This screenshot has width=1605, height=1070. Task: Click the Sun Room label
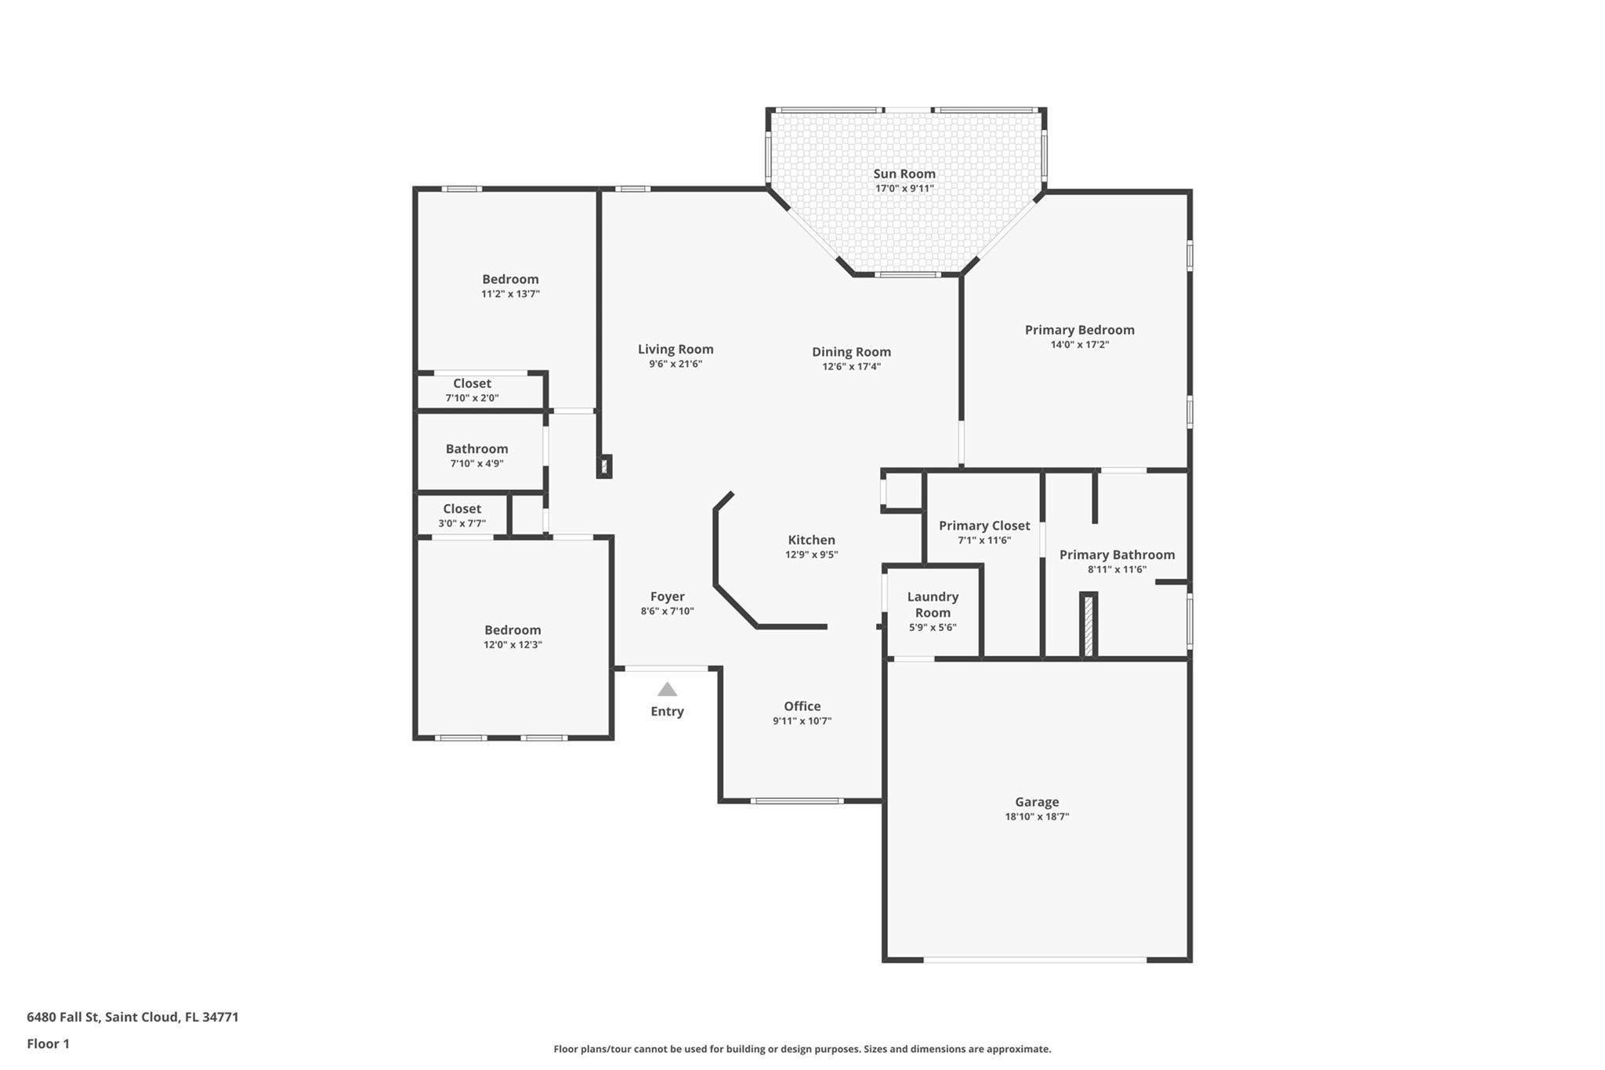coord(904,174)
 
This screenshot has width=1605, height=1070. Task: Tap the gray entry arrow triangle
coord(667,690)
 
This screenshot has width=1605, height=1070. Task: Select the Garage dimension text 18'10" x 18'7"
coord(1037,817)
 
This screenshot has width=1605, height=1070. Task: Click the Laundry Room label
coord(933,604)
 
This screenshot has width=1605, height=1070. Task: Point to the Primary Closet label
coord(984,526)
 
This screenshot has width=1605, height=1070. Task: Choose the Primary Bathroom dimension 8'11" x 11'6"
coord(1117,570)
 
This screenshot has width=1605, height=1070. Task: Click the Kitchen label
coord(811,540)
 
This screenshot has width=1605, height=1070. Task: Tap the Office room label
coord(802,706)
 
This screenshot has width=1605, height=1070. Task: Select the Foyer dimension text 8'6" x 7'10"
coord(667,611)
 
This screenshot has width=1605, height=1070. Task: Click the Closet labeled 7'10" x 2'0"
coord(472,384)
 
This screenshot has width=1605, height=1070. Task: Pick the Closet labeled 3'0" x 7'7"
coord(462,510)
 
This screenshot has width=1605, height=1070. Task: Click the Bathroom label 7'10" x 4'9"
coord(476,449)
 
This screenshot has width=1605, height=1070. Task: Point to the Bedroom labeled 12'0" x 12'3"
coord(513,630)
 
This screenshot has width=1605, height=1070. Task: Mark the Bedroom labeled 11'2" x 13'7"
coord(510,280)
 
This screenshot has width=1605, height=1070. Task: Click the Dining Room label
coord(851,352)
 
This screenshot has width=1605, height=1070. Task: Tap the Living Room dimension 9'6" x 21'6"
coord(675,365)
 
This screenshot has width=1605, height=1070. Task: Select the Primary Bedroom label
coord(1079,330)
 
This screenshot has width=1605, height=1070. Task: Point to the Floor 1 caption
coord(48,1044)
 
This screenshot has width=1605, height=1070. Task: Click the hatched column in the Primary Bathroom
coord(1089,626)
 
